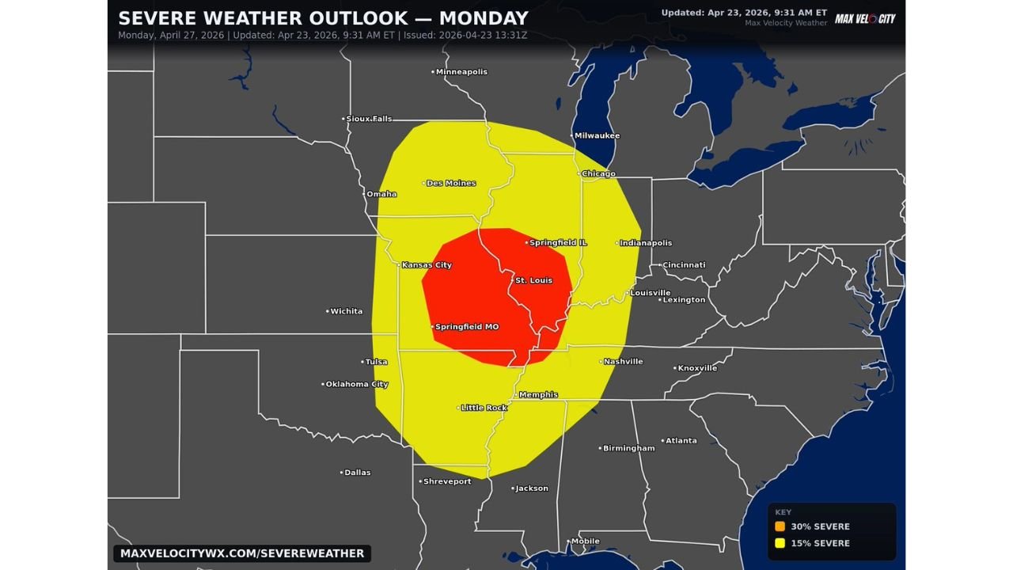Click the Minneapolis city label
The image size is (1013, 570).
pyautogui.click(x=461, y=72)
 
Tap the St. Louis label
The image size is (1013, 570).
pyautogui.click(x=533, y=280)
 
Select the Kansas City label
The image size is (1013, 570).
pyautogui.click(x=427, y=265)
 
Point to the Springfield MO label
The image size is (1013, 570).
pyautogui.click(x=467, y=327)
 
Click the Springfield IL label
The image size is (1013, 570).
pyautogui.click(x=558, y=243)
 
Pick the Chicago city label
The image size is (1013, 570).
pyautogui.click(x=598, y=174)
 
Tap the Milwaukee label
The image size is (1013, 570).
pyautogui.click(x=597, y=136)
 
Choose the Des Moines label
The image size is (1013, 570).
pyautogui.click(x=451, y=184)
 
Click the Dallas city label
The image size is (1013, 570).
pyautogui.click(x=357, y=473)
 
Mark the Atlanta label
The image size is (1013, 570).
pyautogui.click(x=681, y=441)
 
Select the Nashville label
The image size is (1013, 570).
pyautogui.click(x=623, y=362)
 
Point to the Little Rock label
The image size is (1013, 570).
pyautogui.click(x=484, y=408)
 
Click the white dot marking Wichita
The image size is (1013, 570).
pyautogui.click(x=328, y=311)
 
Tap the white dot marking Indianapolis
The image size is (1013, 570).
pyautogui.click(x=617, y=243)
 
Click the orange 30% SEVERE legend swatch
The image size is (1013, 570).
pyautogui.click(x=780, y=526)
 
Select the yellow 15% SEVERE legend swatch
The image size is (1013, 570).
pyautogui.click(x=780, y=543)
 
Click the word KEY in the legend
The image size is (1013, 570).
pyautogui.click(x=783, y=512)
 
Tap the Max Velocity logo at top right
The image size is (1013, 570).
pyautogui.click(x=865, y=18)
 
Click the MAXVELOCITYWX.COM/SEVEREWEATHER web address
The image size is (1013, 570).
pyautogui.click(x=242, y=553)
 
